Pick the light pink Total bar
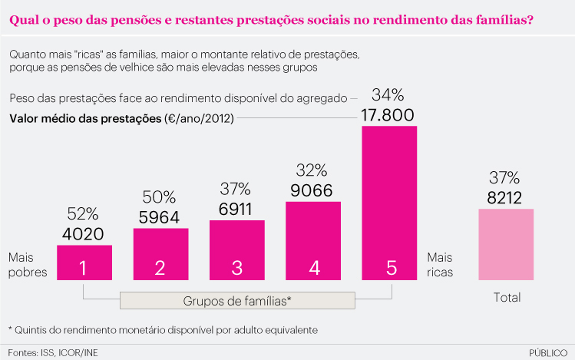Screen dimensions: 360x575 pyautogui.click(x=505, y=244)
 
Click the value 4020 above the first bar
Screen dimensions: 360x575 pyautogui.click(x=84, y=234)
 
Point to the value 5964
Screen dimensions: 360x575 pyautogui.click(x=160, y=217)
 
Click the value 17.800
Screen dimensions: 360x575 pyautogui.click(x=388, y=115)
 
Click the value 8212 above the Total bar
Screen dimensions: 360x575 pyautogui.click(x=505, y=197)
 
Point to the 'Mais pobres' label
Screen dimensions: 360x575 pyautogui.click(x=28, y=264)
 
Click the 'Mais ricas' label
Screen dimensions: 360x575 pyautogui.click(x=440, y=264)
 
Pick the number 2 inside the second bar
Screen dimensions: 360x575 pyautogui.click(x=160, y=268)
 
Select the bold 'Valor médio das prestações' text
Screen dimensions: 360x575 pyautogui.click(x=85, y=119)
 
